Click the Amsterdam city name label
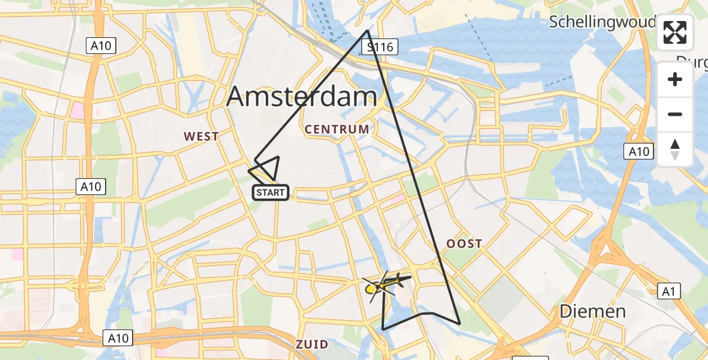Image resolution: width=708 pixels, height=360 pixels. tap(302, 97)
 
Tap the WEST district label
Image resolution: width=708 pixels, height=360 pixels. tap(201, 137)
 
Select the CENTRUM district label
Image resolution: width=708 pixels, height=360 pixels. tap(337, 129)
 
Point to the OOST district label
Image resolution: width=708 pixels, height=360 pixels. tap(464, 244)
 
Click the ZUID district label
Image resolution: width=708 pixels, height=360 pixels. tap(312, 344)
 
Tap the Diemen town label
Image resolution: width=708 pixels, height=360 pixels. tap(592, 311)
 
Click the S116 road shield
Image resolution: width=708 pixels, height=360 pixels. tap(381, 47)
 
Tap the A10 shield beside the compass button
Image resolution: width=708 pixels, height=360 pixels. tap(638, 152)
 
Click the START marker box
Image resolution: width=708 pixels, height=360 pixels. tap(271, 193)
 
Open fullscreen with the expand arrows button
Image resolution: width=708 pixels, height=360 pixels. tap(675, 32)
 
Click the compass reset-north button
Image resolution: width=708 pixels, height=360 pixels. tap(675, 149)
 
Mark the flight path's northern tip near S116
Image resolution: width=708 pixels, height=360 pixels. tap(367, 31)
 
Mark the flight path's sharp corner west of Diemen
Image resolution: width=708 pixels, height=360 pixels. tap(460, 324)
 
